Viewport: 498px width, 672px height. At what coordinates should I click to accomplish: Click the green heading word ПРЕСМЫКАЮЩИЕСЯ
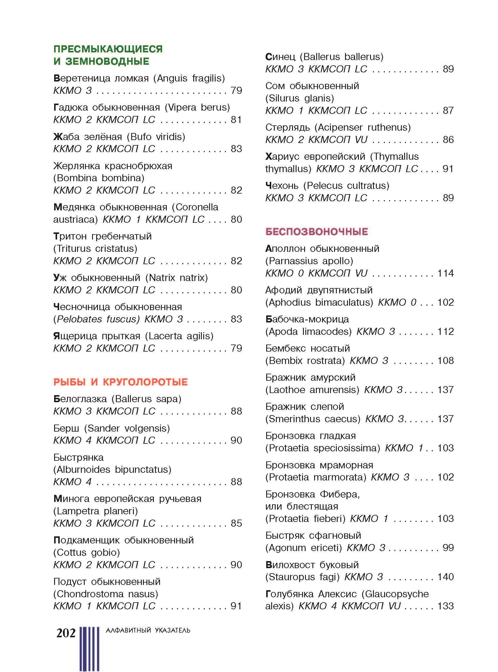click(108, 49)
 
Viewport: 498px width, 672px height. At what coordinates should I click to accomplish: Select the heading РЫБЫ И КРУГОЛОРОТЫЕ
click(121, 382)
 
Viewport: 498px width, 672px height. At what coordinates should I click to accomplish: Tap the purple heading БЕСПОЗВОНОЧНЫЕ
click(317, 232)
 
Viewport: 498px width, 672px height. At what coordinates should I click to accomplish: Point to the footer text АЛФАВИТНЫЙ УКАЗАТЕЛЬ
click(148, 631)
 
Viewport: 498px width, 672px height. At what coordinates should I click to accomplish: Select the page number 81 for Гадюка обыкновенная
click(236, 120)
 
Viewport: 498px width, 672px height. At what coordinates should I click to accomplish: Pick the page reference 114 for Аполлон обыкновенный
click(446, 273)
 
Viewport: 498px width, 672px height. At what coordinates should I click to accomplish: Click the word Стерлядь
click(287, 127)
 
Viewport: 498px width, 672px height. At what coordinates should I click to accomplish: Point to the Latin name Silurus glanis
click(300, 98)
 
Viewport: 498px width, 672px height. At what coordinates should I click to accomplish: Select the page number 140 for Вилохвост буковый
click(446, 577)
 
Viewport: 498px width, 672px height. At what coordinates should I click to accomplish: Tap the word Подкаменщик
click(86, 540)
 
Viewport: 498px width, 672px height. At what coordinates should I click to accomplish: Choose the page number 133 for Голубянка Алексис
click(446, 606)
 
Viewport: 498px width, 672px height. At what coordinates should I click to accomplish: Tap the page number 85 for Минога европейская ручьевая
click(236, 523)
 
